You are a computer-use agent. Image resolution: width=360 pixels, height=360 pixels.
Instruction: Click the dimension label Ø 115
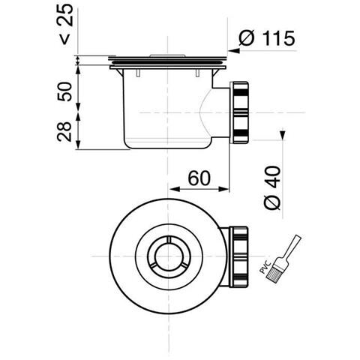tap(267, 38)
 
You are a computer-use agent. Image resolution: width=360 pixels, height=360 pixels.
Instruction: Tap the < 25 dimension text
tap(65, 25)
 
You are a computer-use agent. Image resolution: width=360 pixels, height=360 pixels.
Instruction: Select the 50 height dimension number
tap(64, 91)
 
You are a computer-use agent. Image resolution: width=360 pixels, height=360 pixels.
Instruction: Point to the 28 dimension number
tap(64, 132)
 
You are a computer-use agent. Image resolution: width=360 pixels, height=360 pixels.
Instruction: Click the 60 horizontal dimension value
tap(199, 178)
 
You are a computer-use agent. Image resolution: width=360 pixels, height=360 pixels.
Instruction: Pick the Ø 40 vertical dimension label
tap(272, 187)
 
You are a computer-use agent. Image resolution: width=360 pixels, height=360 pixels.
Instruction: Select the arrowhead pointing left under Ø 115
tap(234, 51)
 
